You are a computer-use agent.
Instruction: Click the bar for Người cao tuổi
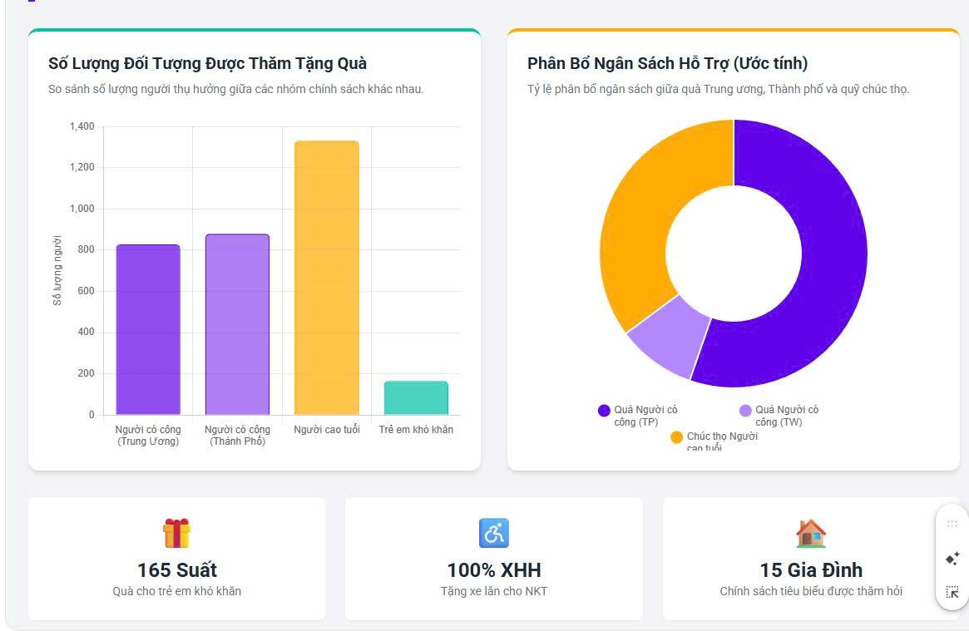point(327,278)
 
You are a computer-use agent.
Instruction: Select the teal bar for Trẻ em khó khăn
point(416,398)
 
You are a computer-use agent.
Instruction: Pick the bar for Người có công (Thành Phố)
point(237,324)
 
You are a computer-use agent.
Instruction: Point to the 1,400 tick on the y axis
point(82,126)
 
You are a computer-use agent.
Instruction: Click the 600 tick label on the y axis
point(86,291)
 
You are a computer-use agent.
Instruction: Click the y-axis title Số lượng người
point(57,270)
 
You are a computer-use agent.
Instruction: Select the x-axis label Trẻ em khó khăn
point(416,430)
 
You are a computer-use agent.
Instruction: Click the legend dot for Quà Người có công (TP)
point(605,411)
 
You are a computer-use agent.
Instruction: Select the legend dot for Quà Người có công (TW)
point(745,411)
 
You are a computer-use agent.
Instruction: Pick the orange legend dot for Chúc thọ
point(676,437)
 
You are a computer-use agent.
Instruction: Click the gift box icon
point(176,533)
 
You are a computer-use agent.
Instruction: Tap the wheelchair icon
point(494,533)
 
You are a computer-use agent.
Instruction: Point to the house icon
point(811,533)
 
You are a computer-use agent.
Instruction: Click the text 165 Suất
point(176,570)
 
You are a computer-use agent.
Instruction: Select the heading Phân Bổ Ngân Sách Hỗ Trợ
point(667,63)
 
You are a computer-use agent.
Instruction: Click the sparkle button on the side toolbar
point(952,558)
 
